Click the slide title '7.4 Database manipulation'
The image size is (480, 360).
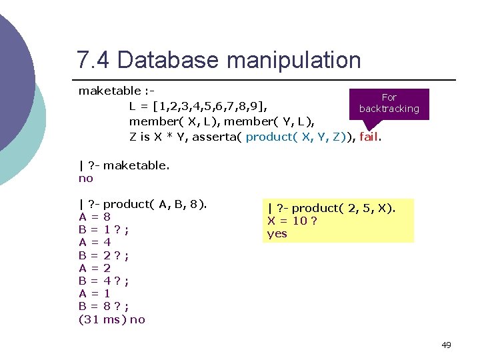point(219,60)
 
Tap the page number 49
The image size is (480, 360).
point(446,345)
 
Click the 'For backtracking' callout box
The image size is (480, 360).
point(389,103)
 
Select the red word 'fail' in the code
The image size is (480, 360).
point(369,137)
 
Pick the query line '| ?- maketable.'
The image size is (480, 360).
point(124,165)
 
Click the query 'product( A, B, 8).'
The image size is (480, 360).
point(155,204)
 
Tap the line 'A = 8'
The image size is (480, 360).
point(95,217)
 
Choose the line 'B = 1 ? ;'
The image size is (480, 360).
point(103,229)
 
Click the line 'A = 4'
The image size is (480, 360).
point(95,242)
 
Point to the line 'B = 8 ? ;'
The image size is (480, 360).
point(103,306)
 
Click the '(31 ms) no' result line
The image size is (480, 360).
point(111,319)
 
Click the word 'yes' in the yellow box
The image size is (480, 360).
point(277,233)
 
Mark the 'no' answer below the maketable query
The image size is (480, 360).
point(86,178)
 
